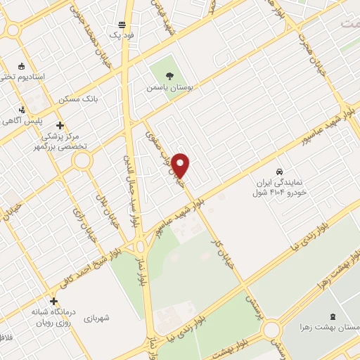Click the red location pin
(181, 165)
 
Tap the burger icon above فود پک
(122, 24)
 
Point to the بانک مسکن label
(79, 99)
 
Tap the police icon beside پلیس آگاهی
(23, 110)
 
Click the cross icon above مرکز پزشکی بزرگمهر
(60, 125)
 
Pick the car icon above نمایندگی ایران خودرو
(280, 172)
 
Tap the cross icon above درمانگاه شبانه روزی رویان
(54, 301)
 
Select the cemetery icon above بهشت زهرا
(333, 317)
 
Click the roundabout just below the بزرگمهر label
(82, 161)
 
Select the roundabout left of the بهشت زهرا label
(271, 330)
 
